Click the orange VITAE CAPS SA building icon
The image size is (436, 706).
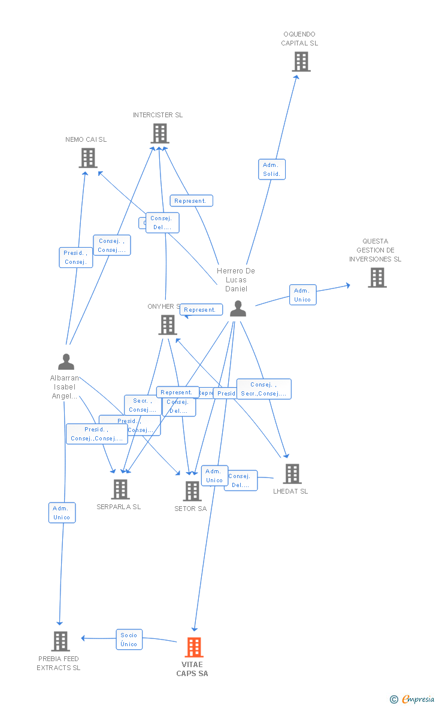[193, 647]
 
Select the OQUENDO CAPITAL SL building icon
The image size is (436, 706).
[301, 61]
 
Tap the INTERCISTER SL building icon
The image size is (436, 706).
[159, 133]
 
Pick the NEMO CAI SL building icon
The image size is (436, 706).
[88, 158]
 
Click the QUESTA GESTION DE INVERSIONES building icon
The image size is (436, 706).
[377, 278]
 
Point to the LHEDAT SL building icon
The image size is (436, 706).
[292, 474]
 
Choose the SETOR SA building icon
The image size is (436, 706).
[192, 491]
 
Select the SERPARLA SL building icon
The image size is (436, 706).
[120, 489]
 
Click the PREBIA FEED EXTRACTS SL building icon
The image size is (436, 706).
[60, 641]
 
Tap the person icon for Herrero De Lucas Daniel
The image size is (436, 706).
[238, 309]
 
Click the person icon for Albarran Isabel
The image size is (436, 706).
[66, 362]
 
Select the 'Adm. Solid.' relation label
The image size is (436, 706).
[272, 169]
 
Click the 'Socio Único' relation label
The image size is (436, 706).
[129, 640]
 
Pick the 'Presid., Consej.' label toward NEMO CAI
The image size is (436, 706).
[75, 257]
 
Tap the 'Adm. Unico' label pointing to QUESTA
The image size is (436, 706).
[302, 295]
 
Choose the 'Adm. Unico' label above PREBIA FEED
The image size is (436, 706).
[62, 513]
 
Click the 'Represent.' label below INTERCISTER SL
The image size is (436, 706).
[191, 201]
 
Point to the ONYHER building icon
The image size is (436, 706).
[167, 325]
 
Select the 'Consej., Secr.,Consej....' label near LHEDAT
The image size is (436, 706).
[264, 389]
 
